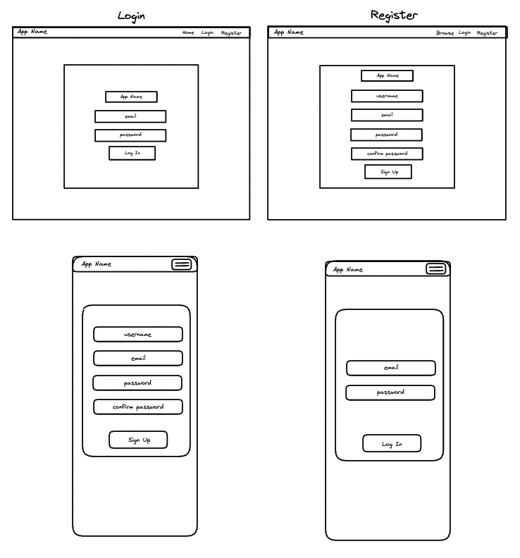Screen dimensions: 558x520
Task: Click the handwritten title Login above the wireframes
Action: [131, 16]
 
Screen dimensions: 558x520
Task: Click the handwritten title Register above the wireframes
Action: [394, 15]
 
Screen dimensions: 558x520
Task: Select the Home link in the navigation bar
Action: [188, 32]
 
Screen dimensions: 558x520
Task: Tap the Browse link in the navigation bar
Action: [445, 33]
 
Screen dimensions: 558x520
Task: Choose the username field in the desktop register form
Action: [387, 96]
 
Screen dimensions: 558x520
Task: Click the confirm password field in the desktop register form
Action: [387, 154]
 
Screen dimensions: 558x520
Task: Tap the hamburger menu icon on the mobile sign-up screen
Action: [182, 264]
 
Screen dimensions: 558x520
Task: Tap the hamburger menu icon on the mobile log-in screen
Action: [436, 268]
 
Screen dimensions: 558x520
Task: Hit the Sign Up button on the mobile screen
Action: [139, 440]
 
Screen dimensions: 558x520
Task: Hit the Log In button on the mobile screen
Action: [392, 443]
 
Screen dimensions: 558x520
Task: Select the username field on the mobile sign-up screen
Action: [138, 334]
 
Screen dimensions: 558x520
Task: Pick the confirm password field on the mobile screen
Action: [138, 407]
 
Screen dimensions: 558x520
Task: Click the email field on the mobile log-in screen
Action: [391, 368]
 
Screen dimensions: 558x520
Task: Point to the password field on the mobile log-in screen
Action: [390, 392]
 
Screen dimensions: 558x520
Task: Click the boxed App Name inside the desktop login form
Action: [131, 97]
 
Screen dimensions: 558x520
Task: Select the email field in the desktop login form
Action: [130, 116]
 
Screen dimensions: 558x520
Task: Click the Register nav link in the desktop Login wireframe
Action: [231, 33]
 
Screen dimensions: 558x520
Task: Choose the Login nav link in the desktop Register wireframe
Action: [464, 32]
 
